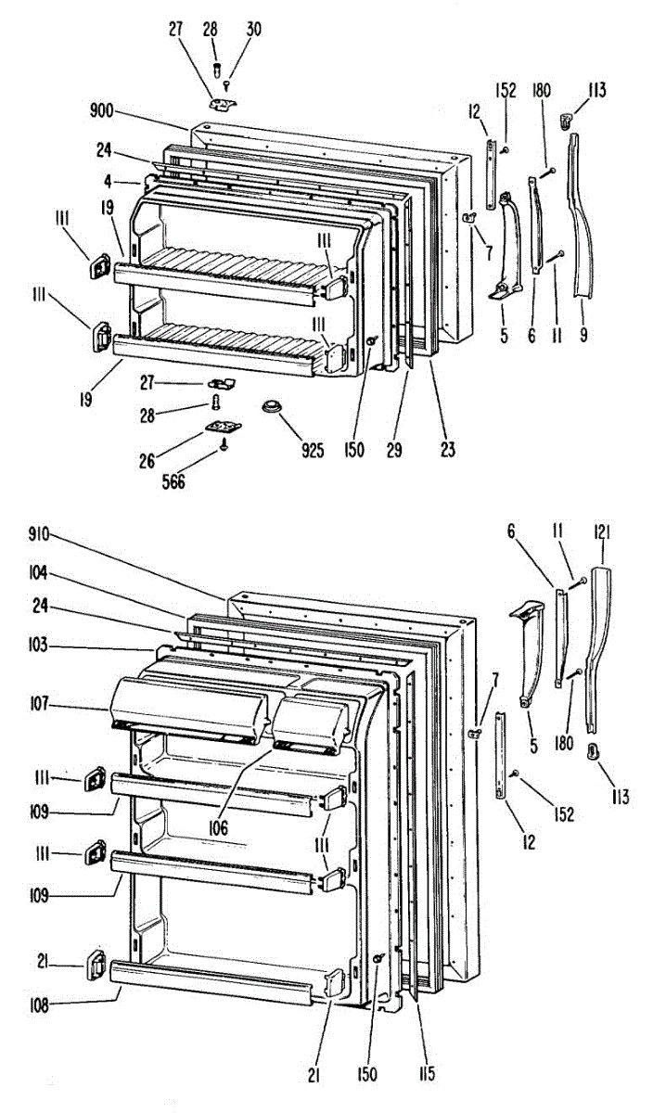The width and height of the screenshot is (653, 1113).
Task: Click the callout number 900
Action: tap(102, 110)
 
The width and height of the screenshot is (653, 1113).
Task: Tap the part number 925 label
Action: tap(313, 452)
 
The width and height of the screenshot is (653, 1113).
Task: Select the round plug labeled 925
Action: tap(271, 407)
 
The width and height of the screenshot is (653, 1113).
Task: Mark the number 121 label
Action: tap(604, 531)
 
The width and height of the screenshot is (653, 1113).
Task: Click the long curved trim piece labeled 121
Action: tap(598, 640)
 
